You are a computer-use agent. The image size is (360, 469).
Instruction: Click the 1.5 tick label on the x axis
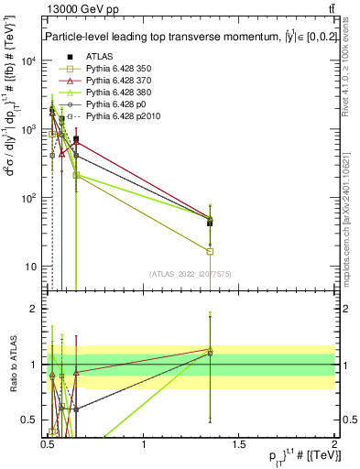[x=238, y=444]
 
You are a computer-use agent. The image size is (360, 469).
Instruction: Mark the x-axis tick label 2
[x=333, y=444]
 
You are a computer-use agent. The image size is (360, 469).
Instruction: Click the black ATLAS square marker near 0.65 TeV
[x=76, y=140]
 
